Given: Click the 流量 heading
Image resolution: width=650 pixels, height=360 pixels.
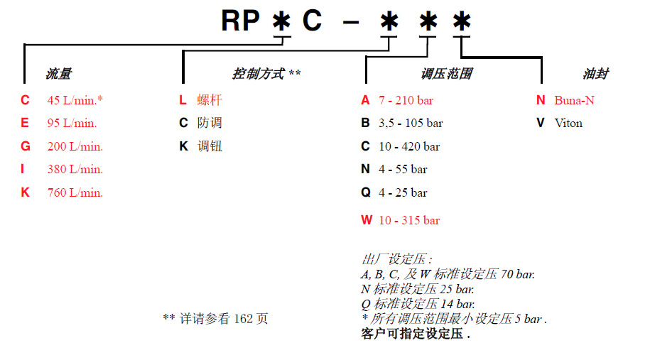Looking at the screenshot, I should [58, 74].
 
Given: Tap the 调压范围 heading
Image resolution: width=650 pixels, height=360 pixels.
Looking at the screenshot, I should [446, 74].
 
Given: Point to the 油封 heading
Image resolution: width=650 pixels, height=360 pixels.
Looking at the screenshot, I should [595, 74].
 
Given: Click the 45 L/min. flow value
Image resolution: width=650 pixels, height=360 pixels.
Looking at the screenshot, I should [75, 100].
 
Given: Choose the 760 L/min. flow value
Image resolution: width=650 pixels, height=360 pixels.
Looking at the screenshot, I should [75, 192].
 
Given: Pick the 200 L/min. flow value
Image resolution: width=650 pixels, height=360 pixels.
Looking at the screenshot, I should [75, 146].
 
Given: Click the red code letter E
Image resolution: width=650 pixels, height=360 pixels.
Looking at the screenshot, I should [25, 123].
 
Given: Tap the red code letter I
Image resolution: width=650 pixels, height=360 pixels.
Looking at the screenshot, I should [23, 169].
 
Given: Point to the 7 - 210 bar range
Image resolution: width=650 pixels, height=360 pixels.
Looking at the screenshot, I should [406, 100].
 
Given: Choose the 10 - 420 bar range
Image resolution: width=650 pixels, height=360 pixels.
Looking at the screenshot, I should [408, 146].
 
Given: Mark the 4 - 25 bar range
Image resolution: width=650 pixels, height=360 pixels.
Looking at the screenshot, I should [403, 192].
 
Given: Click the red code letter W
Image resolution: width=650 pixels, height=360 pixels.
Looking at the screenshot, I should [367, 220].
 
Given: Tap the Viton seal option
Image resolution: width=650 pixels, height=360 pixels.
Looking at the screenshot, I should [568, 123].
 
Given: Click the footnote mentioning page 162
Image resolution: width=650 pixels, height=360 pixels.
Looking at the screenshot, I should [215, 318].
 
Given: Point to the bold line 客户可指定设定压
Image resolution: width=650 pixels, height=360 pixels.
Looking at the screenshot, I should [416, 333].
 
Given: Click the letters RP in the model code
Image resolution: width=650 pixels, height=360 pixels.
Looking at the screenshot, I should [241, 21].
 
